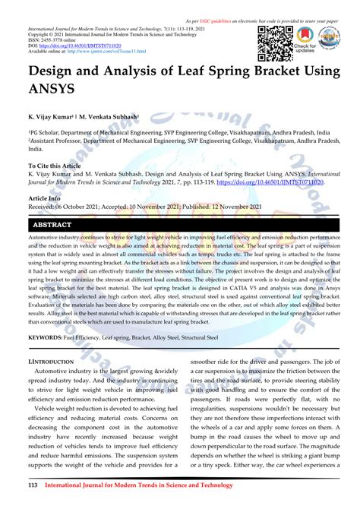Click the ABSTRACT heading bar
coord(52,226)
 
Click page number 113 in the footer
coord(33,484)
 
